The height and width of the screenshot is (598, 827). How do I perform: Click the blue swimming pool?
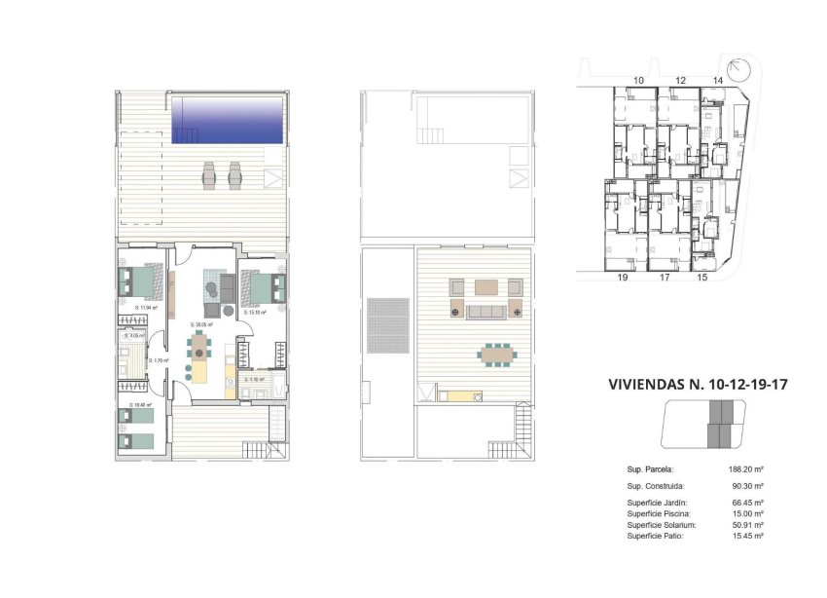[x=228, y=119]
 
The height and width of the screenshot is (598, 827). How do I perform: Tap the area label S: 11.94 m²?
[x=146, y=307]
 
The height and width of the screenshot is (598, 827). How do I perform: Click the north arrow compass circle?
[x=739, y=70]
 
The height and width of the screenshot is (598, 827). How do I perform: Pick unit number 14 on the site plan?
[x=718, y=80]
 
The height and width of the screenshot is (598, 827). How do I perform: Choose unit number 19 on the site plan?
[x=623, y=278]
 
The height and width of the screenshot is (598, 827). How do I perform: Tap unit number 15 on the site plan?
[x=702, y=278]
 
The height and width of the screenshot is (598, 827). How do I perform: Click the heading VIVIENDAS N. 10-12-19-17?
[x=697, y=385]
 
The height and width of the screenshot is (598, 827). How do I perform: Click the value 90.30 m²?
[x=746, y=485]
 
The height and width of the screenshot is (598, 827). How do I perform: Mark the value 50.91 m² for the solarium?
[x=746, y=525]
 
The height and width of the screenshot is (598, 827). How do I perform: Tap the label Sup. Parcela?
[x=650, y=468]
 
